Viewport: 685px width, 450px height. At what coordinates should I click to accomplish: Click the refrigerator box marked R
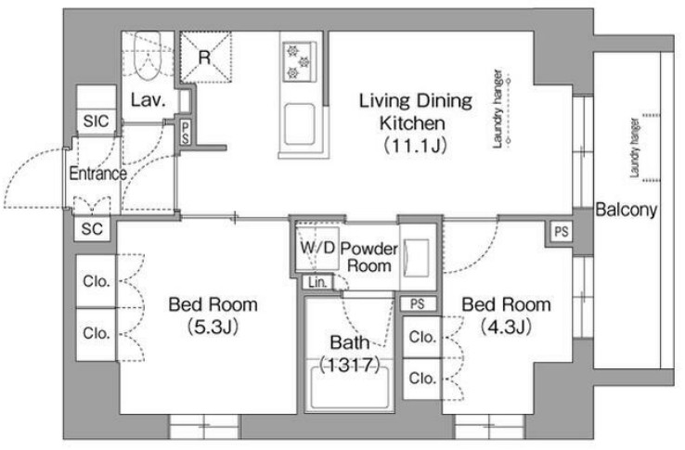(205, 57)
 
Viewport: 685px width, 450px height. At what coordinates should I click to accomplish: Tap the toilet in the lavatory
(148, 56)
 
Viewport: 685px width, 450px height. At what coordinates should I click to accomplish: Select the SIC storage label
(97, 121)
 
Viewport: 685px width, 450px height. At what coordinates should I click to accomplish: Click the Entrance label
(97, 174)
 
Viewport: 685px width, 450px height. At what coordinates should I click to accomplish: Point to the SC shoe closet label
(92, 228)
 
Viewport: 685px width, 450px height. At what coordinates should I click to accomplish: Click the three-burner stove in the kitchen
(299, 61)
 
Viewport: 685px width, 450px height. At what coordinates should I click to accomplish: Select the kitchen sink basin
(299, 125)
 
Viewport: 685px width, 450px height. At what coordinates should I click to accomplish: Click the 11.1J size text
(415, 146)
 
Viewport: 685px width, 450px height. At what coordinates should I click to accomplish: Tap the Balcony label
(626, 210)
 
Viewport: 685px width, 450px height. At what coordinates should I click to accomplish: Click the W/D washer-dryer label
(317, 248)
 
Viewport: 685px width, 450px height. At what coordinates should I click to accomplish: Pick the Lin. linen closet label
(317, 282)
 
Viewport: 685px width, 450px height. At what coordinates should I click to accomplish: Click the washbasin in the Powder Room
(417, 258)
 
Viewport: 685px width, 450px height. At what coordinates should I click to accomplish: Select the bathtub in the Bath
(349, 389)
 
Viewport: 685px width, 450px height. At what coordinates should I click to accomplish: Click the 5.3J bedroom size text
(213, 327)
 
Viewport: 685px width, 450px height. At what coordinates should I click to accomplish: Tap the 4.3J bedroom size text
(506, 327)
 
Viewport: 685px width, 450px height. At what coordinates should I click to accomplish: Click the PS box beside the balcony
(562, 232)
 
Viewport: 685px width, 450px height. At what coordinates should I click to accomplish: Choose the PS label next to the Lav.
(186, 133)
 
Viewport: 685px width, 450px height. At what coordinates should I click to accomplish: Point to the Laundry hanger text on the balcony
(634, 148)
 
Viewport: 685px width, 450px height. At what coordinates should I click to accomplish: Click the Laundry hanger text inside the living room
(498, 109)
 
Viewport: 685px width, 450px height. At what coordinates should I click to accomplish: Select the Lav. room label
(149, 100)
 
